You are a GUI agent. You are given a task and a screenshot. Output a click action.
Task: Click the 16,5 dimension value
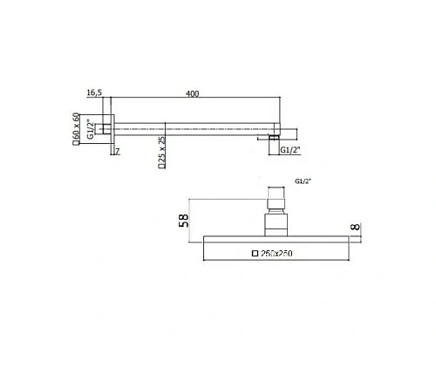95,93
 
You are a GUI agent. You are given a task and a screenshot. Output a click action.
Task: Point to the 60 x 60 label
77,128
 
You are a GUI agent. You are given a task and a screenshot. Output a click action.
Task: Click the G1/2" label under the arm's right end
291,153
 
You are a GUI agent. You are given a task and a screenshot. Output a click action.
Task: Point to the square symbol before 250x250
255,254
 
